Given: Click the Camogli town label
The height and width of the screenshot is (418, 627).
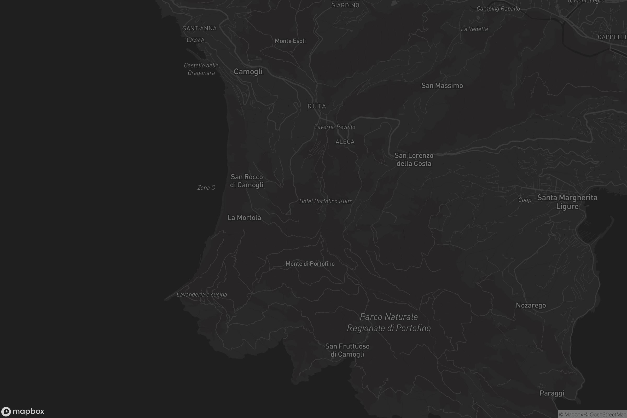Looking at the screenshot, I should tap(248, 71).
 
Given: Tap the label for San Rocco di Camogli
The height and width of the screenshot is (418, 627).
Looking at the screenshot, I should tap(247, 181).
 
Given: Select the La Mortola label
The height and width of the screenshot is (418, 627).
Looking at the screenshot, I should tap(244, 218).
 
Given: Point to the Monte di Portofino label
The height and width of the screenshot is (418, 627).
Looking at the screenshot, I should tap(310, 264).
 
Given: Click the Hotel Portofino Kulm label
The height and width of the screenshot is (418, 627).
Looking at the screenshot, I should tap(326, 201).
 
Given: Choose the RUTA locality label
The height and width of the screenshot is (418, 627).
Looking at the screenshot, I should tap(317, 106).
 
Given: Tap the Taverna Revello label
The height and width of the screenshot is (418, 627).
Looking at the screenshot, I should tap(335, 127).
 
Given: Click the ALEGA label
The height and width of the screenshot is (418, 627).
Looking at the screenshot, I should tap(345, 142).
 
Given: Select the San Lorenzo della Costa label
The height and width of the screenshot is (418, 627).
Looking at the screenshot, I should tap(414, 159).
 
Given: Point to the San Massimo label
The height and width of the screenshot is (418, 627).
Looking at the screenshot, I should tap(442, 86).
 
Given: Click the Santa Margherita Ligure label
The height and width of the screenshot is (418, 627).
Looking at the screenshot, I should tap(567, 202).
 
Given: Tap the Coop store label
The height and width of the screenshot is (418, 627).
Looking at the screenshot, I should tap(525, 200).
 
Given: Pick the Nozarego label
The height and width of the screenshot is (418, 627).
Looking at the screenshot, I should tap(531, 305).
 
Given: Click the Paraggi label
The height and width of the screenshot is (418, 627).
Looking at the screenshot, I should tap(552, 393).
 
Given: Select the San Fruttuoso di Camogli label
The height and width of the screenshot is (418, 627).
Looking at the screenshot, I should tap(347, 350).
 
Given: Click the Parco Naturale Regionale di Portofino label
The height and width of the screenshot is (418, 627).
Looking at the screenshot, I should tap(389, 322).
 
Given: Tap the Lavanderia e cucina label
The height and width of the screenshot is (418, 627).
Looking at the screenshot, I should tap(201, 295).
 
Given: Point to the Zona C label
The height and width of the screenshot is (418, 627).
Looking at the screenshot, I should tap(206, 188).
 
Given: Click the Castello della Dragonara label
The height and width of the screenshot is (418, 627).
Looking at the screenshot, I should tap(201, 69).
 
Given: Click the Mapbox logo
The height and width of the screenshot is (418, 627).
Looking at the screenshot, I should tap(23, 411).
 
